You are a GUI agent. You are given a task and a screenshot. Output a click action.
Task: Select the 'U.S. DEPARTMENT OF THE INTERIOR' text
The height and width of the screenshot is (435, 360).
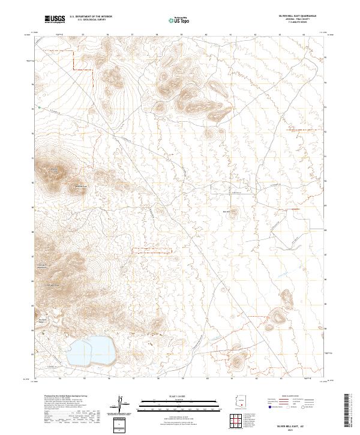(91, 17)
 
